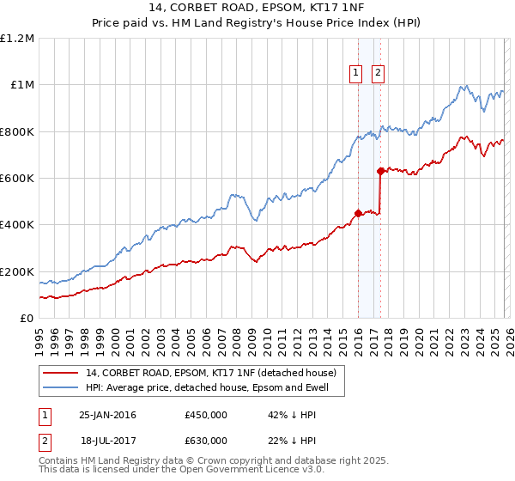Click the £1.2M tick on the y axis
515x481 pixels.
click(17, 39)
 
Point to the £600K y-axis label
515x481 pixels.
click(17, 179)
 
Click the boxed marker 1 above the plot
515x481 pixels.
click(355, 74)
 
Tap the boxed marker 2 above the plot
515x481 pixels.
click(378, 74)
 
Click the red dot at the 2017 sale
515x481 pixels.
click(380, 172)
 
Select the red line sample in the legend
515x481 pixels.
click(61, 373)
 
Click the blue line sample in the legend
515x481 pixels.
click(61, 387)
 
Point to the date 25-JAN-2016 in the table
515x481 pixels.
click(107, 415)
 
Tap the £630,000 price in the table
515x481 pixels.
click(206, 441)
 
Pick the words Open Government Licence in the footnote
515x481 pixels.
click(250, 471)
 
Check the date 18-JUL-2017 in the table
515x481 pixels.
click(107, 441)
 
